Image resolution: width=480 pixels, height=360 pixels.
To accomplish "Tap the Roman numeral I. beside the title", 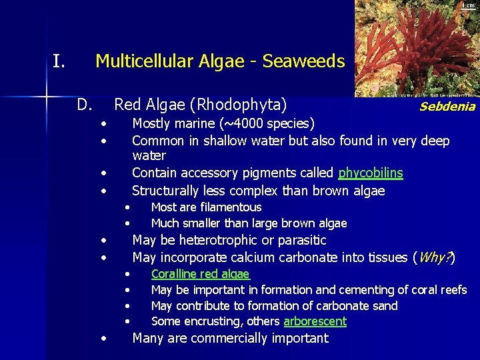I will [x=59, y=62].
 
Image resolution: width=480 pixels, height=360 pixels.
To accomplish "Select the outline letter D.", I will [x=84, y=105].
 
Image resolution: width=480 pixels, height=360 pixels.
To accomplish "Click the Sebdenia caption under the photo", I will [x=447, y=107].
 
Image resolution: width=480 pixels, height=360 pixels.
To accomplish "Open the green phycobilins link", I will [x=370, y=173].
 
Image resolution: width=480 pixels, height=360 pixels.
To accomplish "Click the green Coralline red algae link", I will [x=200, y=274].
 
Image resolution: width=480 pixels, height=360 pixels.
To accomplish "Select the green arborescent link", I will [x=315, y=321].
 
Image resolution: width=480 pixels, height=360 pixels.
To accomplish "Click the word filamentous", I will [x=229, y=207].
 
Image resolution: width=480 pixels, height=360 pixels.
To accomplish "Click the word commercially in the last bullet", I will [x=232, y=338].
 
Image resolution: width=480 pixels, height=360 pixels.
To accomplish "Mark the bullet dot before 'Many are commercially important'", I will [x=104, y=339].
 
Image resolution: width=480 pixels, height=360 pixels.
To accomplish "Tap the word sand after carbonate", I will [x=385, y=306].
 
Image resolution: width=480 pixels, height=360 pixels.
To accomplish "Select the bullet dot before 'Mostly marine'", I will [x=104, y=124].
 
